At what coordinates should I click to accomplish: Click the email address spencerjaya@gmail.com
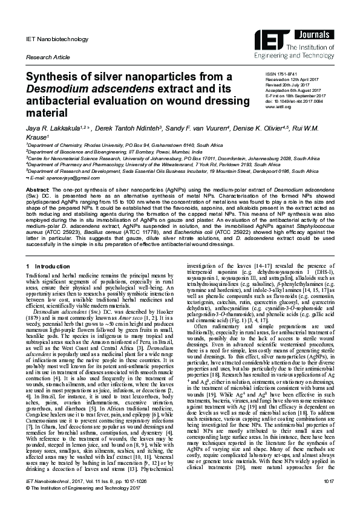coord(61,179)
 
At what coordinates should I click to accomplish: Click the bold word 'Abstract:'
coord(36,190)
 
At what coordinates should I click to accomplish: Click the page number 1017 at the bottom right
coord(329,496)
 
